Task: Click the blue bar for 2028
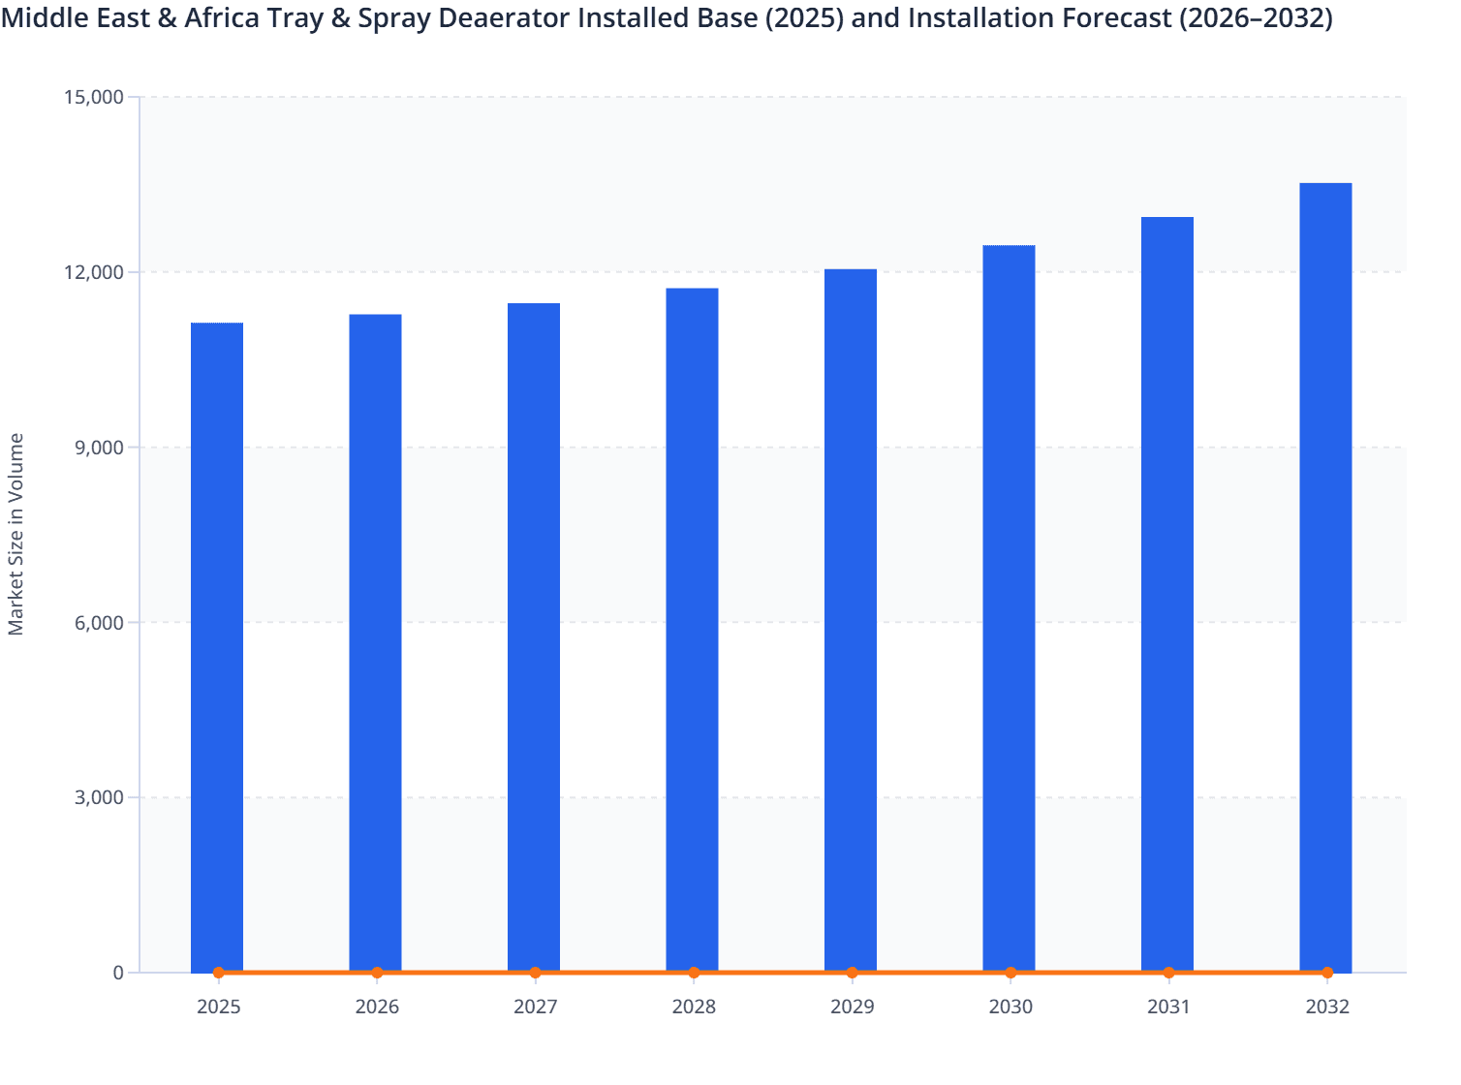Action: pyautogui.click(x=693, y=630)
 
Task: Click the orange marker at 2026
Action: pyautogui.click(x=377, y=973)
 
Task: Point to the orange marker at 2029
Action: pyautogui.click(x=852, y=973)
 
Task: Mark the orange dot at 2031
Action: pyautogui.click(x=1168, y=973)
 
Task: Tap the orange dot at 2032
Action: pyautogui.click(x=1327, y=973)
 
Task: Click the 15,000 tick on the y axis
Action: pyautogui.click(x=93, y=97)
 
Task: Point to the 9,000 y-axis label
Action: pyautogui.click(x=99, y=448)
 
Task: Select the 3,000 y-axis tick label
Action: pyautogui.click(x=99, y=798)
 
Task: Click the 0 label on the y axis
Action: pyautogui.click(x=118, y=974)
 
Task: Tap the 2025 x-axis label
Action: pyautogui.click(x=219, y=1007)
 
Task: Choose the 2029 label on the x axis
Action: pyautogui.click(x=853, y=1007)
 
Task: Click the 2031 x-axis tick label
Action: pyautogui.click(x=1168, y=1007)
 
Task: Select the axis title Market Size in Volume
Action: pyautogui.click(x=16, y=535)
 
